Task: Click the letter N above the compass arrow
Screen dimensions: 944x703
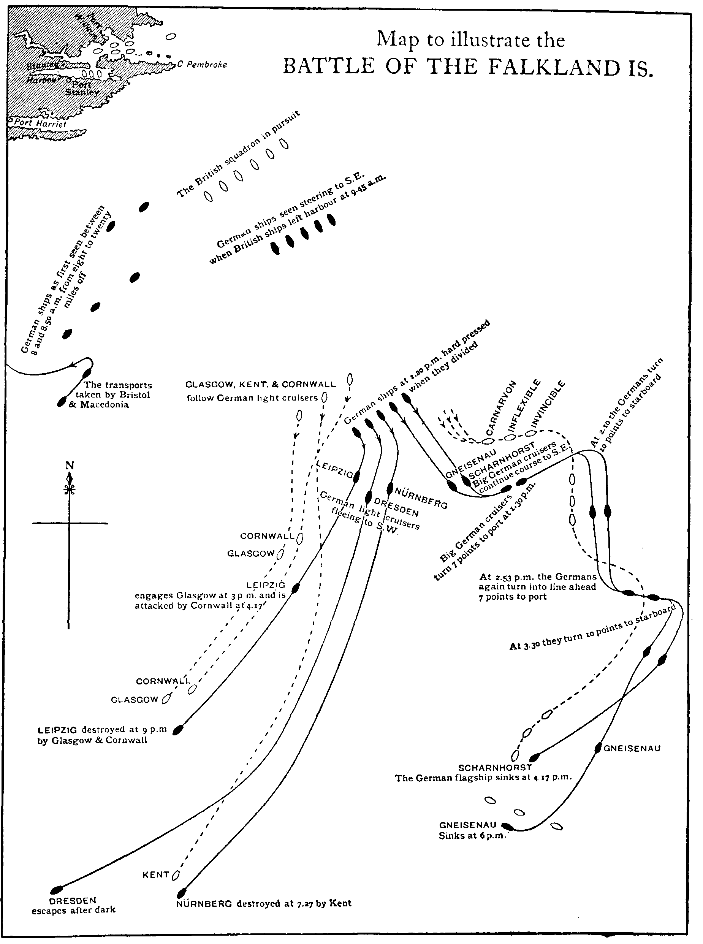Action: click(70, 466)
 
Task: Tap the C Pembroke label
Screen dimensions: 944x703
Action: click(202, 65)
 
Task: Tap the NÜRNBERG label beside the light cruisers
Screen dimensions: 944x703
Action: click(421, 498)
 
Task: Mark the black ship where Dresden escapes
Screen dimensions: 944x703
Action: click(57, 890)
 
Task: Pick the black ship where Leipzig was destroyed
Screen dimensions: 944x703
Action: click(178, 730)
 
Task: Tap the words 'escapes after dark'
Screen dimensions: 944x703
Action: click(73, 910)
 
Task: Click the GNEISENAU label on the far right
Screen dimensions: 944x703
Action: click(632, 748)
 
